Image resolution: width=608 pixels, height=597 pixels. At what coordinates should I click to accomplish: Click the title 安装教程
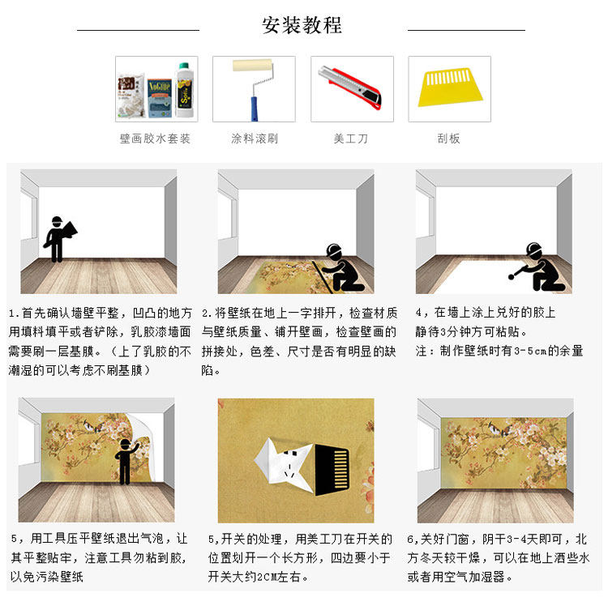302,25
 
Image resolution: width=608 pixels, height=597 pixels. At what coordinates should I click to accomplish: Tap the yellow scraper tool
450,88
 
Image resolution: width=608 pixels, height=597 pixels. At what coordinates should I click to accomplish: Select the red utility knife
350,87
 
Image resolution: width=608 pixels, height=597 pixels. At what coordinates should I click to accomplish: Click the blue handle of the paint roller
254,109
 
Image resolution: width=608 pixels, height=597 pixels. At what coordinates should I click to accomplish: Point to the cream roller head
252,65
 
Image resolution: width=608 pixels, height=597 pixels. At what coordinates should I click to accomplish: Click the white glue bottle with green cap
184,90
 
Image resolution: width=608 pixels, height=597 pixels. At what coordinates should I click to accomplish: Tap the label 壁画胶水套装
155,139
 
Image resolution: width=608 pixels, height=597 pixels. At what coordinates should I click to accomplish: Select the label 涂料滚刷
255,139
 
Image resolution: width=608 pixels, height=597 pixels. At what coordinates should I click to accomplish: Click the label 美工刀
350,139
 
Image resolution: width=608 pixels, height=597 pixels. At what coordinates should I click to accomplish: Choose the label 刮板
448,139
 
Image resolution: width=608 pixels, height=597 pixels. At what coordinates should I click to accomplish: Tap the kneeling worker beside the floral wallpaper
341,268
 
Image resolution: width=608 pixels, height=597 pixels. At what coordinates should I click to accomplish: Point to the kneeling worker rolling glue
539,267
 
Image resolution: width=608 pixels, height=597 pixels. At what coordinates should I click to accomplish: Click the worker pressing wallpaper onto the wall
125,461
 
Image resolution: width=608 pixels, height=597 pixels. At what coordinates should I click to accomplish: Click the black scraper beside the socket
332,470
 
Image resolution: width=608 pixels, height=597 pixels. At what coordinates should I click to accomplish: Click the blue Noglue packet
159,98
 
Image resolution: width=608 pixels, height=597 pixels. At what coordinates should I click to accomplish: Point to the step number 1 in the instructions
12,313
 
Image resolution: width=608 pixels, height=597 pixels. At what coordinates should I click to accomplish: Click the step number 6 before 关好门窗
410,539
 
